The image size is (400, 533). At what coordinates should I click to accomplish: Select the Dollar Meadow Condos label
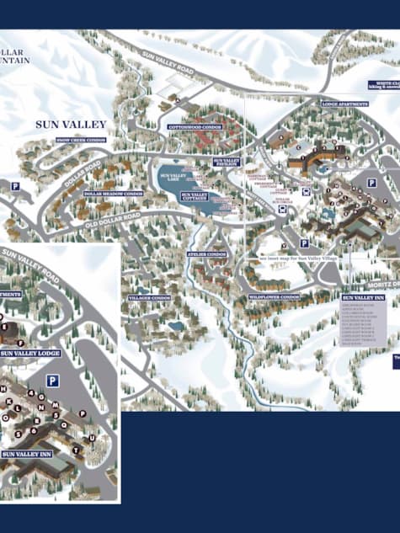(x=114, y=193)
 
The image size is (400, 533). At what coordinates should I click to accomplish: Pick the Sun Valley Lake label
(x=171, y=178)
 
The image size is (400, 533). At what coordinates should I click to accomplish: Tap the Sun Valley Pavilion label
(x=227, y=161)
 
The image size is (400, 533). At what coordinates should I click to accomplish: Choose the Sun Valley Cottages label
(x=195, y=197)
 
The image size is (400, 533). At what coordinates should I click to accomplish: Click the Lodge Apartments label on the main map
(x=345, y=104)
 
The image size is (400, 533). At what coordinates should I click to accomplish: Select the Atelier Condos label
(x=206, y=254)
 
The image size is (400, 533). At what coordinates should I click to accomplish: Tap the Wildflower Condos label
(x=275, y=297)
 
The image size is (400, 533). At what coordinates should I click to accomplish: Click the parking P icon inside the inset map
(x=52, y=381)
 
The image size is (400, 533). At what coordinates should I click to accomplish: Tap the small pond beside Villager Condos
(x=175, y=325)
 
